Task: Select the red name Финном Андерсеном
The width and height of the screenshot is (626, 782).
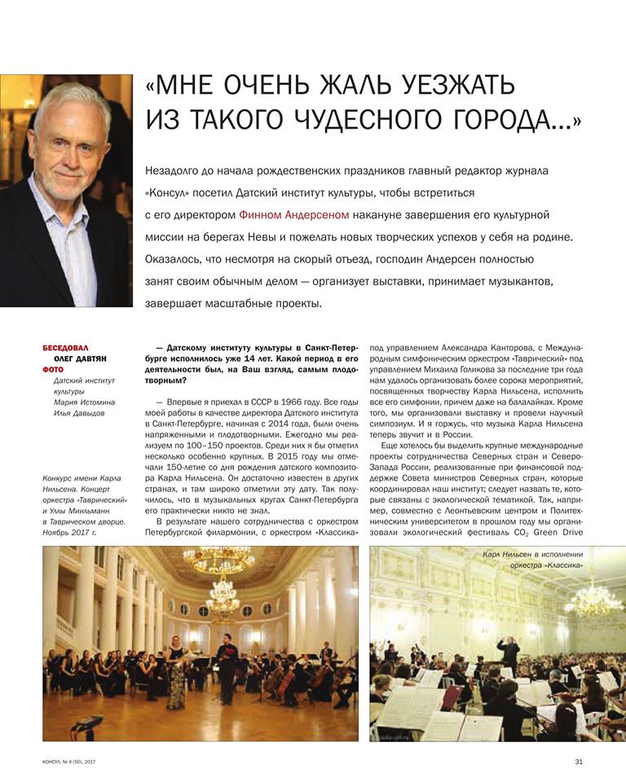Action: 294,214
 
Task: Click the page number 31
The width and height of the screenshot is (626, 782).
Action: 579,762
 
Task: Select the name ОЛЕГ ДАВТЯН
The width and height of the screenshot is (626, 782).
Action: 80,358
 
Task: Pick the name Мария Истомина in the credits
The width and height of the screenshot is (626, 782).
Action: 84,402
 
